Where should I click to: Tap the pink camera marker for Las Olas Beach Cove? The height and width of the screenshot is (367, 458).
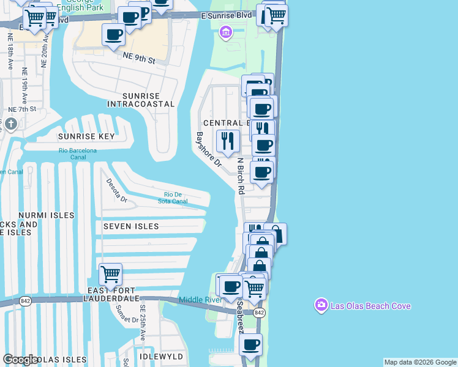click(321, 305)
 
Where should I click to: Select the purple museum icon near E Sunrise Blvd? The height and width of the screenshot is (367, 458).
click(225, 31)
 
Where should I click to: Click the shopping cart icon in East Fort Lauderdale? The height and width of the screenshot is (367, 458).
click(110, 273)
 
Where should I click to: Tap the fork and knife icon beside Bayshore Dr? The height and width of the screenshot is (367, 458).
click(228, 141)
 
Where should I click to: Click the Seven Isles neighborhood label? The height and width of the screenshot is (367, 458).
click(131, 226)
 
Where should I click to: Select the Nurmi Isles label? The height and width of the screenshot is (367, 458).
click(46, 215)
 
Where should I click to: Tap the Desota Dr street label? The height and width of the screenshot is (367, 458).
click(116, 191)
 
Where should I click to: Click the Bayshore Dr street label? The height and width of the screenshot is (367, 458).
click(208, 149)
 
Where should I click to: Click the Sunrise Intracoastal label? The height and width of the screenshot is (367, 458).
click(141, 100)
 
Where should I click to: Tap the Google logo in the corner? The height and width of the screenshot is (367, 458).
click(20, 360)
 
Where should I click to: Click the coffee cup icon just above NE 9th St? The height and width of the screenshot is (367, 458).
click(113, 35)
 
